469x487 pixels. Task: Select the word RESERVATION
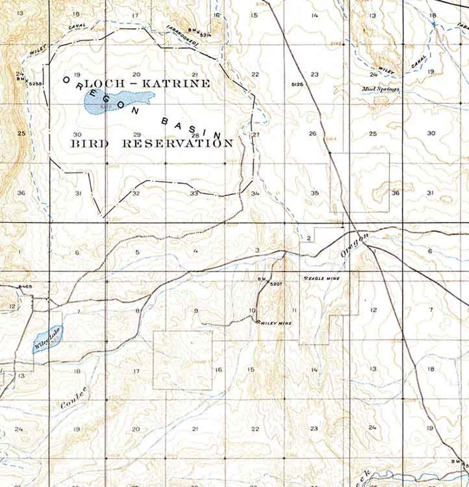click(178, 143)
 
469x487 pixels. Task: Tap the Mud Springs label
click(381, 90)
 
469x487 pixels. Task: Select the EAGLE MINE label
click(324, 277)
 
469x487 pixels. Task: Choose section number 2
click(308, 238)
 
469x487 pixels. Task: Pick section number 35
click(315, 193)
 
